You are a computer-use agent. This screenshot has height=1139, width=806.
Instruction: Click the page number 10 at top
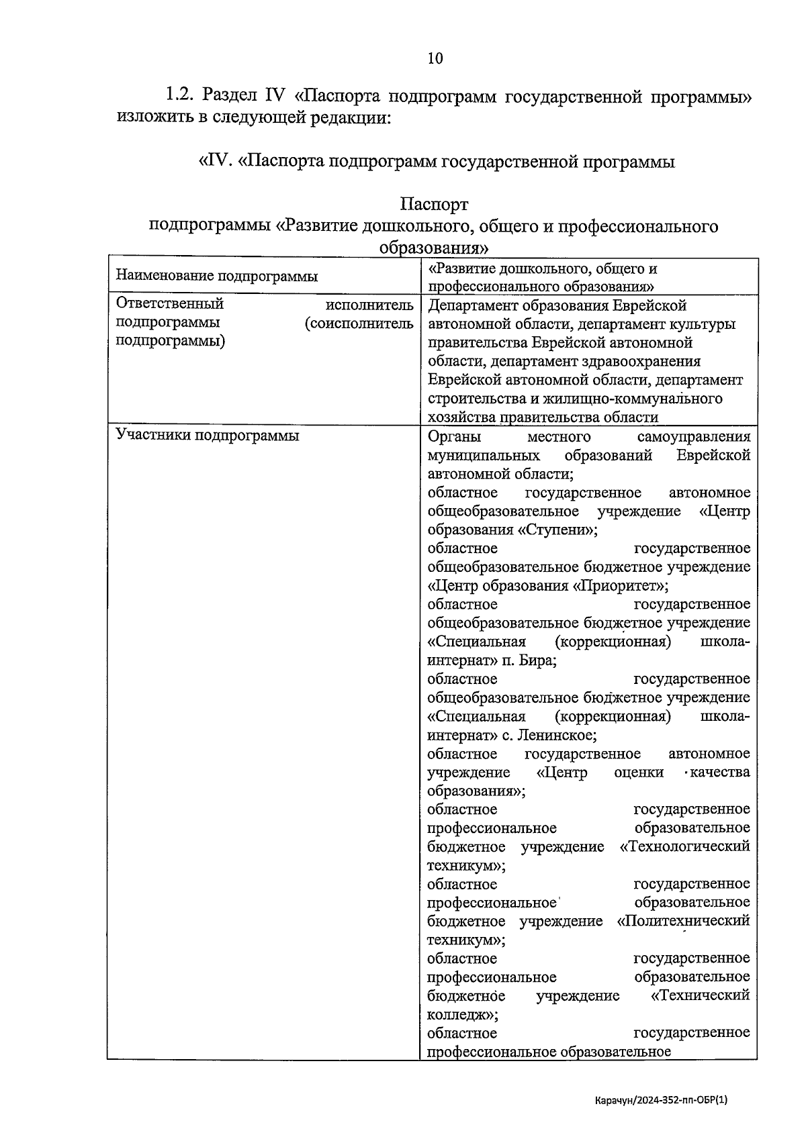pyautogui.click(x=435, y=58)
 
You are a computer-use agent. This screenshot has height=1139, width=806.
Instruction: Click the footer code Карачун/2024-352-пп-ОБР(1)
pyautogui.click(x=661, y=1100)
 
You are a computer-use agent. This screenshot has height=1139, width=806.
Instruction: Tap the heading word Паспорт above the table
pyautogui.click(x=434, y=203)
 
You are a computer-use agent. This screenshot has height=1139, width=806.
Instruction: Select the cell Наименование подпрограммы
pyautogui.click(x=216, y=277)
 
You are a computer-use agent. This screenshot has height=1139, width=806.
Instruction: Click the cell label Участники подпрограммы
pyautogui.click(x=208, y=436)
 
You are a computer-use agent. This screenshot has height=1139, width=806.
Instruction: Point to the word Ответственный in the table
pyautogui.click(x=170, y=304)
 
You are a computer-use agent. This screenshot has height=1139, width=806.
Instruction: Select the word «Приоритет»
pyautogui.click(x=621, y=585)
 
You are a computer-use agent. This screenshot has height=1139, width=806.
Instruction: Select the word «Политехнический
pyautogui.click(x=683, y=921)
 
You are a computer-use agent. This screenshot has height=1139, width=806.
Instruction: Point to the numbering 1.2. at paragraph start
pyautogui.click(x=181, y=95)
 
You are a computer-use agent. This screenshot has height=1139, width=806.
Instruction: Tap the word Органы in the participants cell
pyautogui.click(x=454, y=437)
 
